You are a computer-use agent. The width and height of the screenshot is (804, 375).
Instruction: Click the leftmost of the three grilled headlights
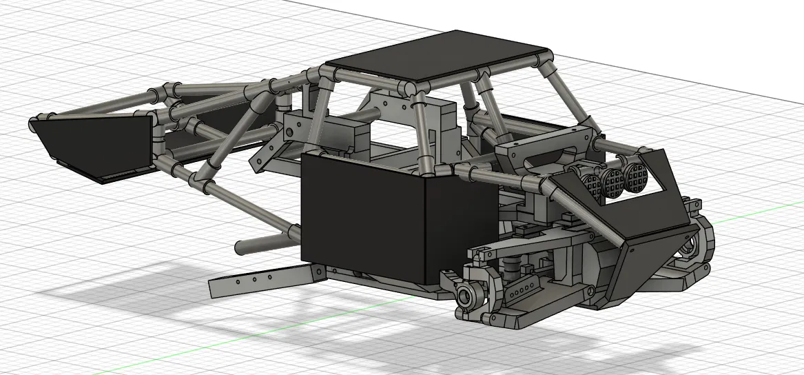click(592, 183)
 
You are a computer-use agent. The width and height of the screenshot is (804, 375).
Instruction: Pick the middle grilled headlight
click(612, 181)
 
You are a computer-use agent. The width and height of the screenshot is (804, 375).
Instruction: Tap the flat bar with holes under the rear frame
click(265, 280)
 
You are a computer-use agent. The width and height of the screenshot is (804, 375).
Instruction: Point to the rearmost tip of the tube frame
click(33, 123)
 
